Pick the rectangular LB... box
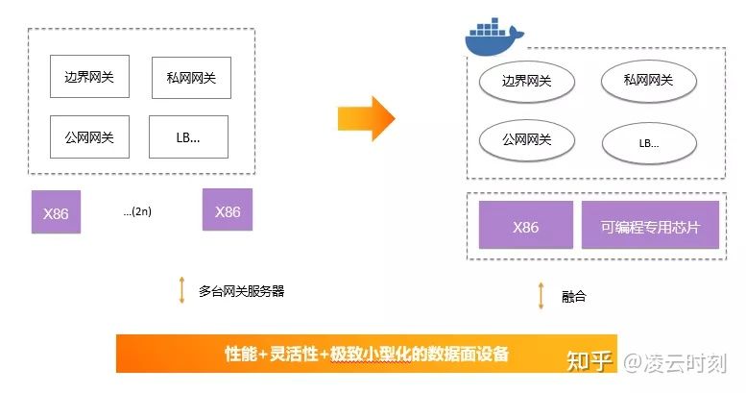click(189, 137)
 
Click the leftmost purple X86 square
click(56, 212)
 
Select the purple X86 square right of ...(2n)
click(228, 210)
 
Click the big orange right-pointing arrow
click(366, 118)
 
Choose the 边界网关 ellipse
click(526, 82)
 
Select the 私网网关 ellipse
click(648, 82)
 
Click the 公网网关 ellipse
click(526, 140)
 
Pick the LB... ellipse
click(648, 144)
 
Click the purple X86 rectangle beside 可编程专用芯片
click(525, 227)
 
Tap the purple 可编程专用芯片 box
click(649, 227)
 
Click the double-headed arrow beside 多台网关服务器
click(181, 290)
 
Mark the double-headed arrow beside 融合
click(541, 295)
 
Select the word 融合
click(573, 296)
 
